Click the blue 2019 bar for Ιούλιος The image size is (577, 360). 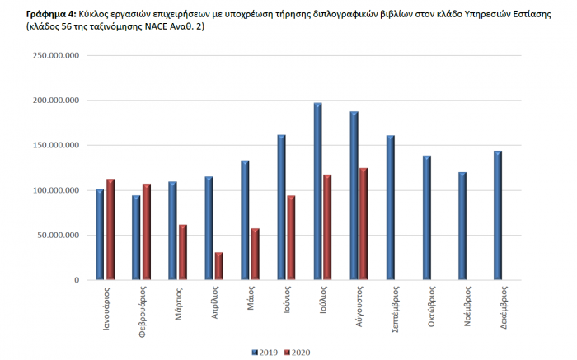[317, 191]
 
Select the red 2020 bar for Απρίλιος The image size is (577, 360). [218, 266]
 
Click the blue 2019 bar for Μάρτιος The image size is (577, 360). [172, 231]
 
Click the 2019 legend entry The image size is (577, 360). [265, 352]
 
